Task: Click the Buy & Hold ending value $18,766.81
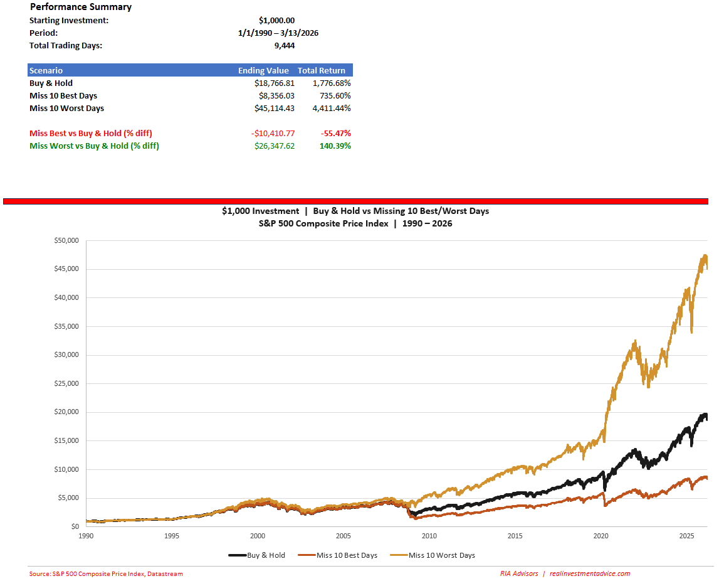[x=274, y=83]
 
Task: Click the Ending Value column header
[x=263, y=70]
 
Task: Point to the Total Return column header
[x=322, y=70]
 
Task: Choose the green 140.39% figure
[x=335, y=146]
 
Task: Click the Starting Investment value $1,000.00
[x=276, y=20]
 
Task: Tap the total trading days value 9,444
[x=285, y=45]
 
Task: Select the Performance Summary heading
[x=81, y=7]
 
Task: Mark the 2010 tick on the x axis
[x=429, y=536]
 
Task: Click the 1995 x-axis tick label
[x=172, y=536]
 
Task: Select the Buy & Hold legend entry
[x=257, y=555]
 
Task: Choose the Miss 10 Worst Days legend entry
[x=433, y=555]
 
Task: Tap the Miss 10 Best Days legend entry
[x=338, y=555]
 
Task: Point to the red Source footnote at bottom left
[x=106, y=573]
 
